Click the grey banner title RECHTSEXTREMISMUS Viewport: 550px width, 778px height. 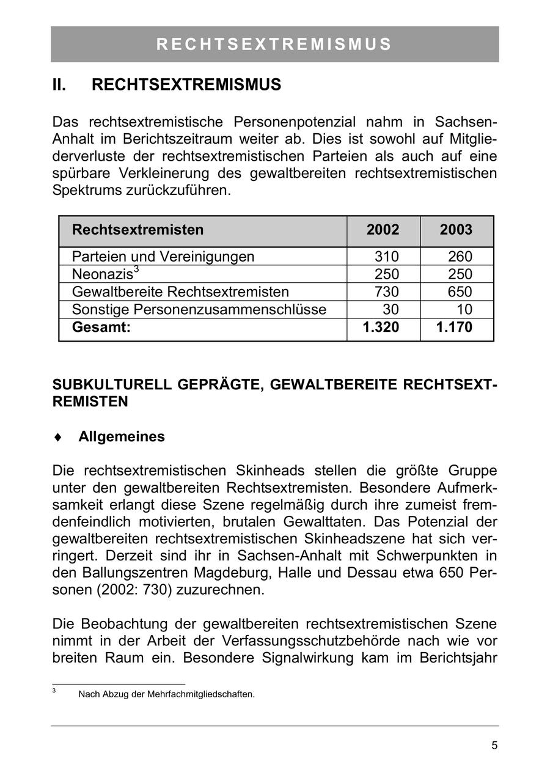pos(274,45)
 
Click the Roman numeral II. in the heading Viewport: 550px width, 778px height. pos(59,85)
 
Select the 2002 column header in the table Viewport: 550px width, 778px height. pos(383,230)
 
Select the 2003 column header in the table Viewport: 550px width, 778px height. pos(456,230)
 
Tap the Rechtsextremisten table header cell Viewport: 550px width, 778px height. pos(138,230)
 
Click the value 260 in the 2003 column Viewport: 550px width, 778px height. pos(460,257)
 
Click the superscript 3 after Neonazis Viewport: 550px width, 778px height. pos(137,270)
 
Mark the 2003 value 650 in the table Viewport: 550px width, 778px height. pos(460,292)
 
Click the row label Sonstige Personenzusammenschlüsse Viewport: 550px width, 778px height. pos(199,309)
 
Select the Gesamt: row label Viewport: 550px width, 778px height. pos(101,328)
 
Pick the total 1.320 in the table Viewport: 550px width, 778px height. pos(381,328)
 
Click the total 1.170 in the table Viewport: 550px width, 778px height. pos(454,328)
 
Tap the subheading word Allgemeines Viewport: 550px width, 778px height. pos(122,437)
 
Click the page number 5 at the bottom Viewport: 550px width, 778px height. pos(494,745)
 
